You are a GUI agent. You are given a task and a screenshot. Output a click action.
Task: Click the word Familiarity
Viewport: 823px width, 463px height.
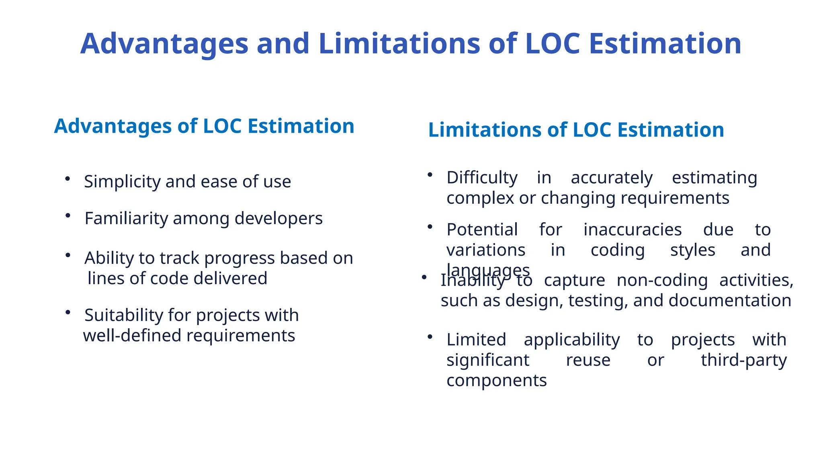126,219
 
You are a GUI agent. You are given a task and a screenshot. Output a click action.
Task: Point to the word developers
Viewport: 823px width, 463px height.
278,219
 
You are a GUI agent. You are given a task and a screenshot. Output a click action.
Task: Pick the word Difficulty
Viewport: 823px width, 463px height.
482,178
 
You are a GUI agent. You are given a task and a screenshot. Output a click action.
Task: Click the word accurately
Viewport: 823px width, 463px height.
611,178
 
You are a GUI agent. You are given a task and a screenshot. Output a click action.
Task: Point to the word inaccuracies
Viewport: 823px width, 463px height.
633,230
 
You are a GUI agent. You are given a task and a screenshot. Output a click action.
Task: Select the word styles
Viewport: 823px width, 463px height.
692,250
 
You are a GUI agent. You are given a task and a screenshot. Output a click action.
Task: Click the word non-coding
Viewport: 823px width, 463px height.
662,280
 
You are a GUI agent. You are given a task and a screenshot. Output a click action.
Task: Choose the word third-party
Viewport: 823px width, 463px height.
743,360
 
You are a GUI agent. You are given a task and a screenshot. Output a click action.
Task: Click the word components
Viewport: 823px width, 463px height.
496,380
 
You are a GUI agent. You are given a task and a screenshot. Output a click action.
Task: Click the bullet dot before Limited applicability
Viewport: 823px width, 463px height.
430,336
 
